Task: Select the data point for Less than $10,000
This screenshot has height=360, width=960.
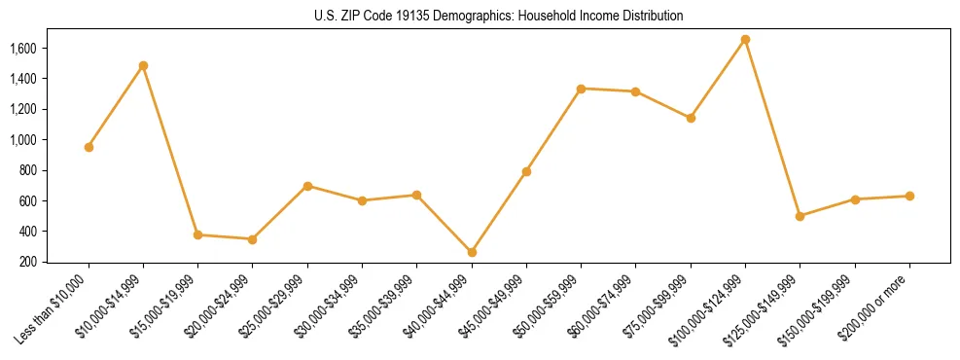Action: [x=89, y=147]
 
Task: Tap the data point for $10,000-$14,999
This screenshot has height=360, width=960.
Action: [x=143, y=65]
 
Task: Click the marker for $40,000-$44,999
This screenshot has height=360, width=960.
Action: [x=472, y=252]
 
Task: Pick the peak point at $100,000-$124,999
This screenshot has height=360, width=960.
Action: [x=745, y=39]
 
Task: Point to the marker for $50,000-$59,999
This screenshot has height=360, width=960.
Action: [x=581, y=89]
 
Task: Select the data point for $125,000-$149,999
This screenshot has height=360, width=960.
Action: [x=800, y=216]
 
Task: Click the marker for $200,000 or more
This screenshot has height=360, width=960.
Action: [x=909, y=196]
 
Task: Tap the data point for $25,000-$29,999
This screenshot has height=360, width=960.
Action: [x=307, y=186]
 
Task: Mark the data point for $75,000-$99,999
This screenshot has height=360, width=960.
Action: [x=691, y=118]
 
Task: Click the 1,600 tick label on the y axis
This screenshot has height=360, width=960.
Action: [x=22, y=48]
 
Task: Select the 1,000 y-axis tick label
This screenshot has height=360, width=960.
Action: [x=22, y=139]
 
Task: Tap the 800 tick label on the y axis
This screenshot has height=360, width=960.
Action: [x=27, y=170]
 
